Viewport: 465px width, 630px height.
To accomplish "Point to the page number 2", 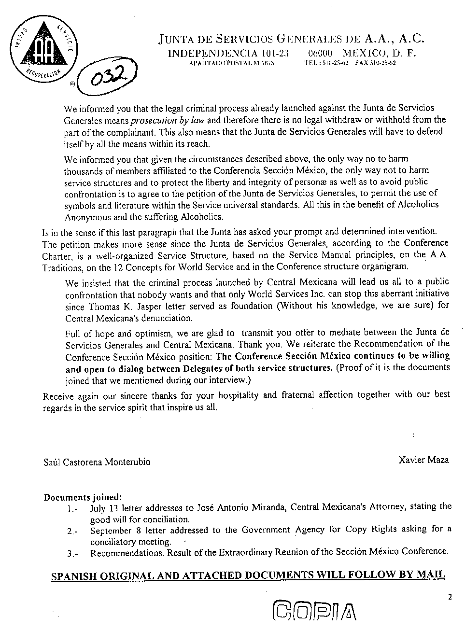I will [450, 597].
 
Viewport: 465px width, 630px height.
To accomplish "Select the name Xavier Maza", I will [423, 460].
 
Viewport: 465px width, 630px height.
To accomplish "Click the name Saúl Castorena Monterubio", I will [97, 462].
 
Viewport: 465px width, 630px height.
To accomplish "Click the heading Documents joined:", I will [83, 497].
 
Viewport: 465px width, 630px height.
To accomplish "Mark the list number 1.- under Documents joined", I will [72, 508].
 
